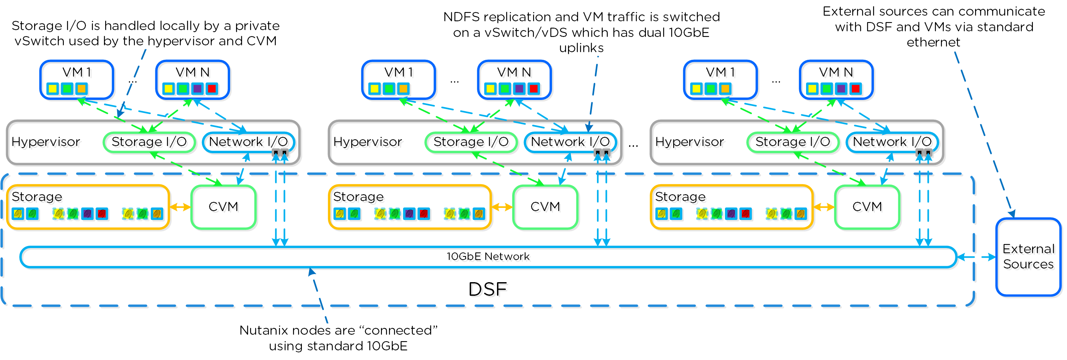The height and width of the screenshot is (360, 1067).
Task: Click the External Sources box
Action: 1028,257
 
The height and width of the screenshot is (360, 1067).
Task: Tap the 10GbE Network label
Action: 488,256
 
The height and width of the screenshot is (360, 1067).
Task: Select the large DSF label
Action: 487,289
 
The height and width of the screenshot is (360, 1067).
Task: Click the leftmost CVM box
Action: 223,207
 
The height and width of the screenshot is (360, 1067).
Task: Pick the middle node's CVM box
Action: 545,207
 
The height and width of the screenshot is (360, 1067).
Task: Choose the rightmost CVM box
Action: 867,207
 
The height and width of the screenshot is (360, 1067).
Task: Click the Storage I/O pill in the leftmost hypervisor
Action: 149,142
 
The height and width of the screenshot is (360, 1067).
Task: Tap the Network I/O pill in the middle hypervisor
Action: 570,142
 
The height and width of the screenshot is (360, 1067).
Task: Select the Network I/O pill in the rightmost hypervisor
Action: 892,142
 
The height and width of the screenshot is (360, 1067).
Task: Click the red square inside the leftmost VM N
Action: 212,89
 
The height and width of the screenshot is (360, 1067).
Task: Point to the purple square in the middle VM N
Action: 519,89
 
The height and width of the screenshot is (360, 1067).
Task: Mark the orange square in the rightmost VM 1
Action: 725,89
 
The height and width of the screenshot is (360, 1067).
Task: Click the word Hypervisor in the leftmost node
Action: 46,142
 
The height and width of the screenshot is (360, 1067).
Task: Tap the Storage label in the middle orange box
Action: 358,196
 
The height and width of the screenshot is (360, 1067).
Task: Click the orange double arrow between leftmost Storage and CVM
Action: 180,207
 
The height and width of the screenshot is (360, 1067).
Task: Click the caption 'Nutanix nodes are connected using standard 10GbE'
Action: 338,338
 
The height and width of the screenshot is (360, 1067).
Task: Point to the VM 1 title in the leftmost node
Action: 77,73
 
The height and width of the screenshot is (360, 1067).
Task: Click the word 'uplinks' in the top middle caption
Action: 581,48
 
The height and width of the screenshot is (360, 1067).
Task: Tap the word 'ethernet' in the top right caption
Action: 933,42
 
